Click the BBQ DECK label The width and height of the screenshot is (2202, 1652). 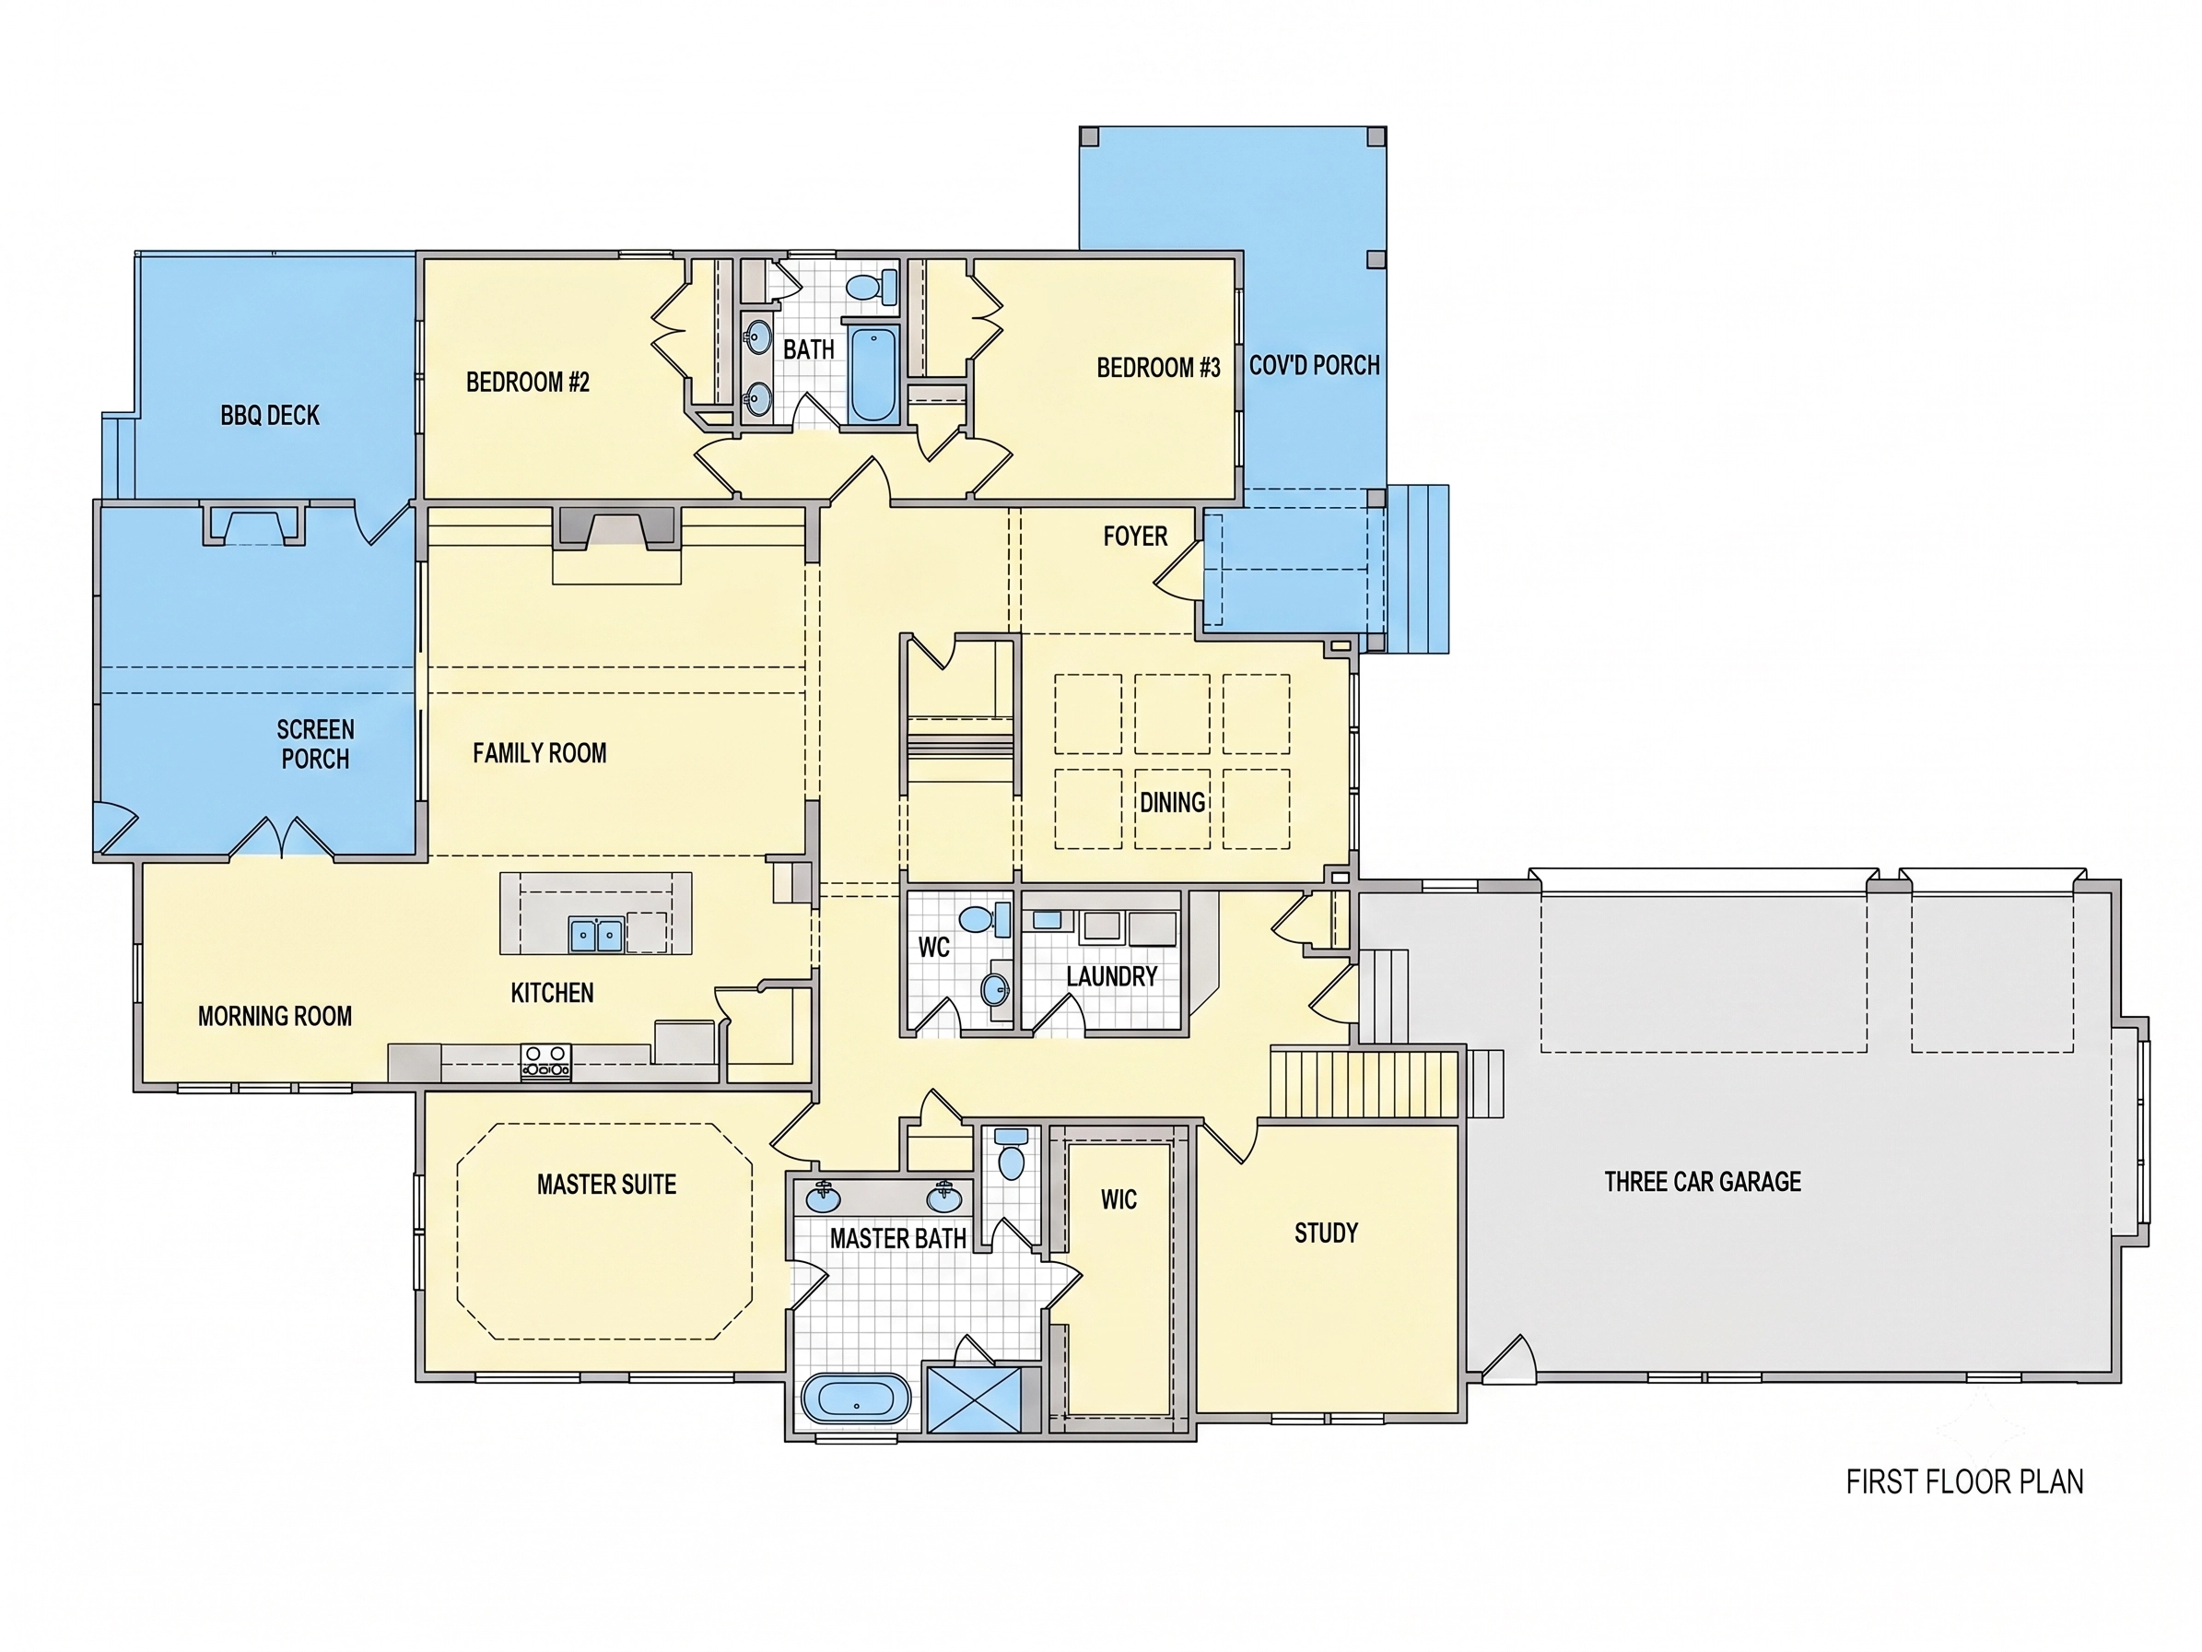[270, 415]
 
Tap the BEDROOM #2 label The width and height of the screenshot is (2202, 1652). [528, 383]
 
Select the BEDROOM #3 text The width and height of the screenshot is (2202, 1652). [1159, 368]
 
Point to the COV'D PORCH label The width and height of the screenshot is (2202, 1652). [1314, 365]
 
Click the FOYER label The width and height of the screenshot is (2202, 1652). [1135, 537]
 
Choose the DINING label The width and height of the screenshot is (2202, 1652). [1173, 803]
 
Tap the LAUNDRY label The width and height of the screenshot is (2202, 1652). [1112, 977]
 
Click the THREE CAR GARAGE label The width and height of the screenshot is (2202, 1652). [1703, 1182]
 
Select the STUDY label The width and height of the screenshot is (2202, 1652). [1326, 1233]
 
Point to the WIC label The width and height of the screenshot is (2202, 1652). [1119, 1200]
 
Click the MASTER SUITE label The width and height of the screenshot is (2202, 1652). [606, 1184]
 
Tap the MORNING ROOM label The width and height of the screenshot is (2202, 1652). [275, 1017]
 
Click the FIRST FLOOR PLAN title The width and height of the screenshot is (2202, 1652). [1964, 1481]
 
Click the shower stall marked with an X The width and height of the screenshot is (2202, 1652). [975, 1400]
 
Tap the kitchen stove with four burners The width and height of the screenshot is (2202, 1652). [546, 1061]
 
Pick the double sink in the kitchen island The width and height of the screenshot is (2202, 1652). [596, 935]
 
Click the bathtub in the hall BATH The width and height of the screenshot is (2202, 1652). [873, 372]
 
